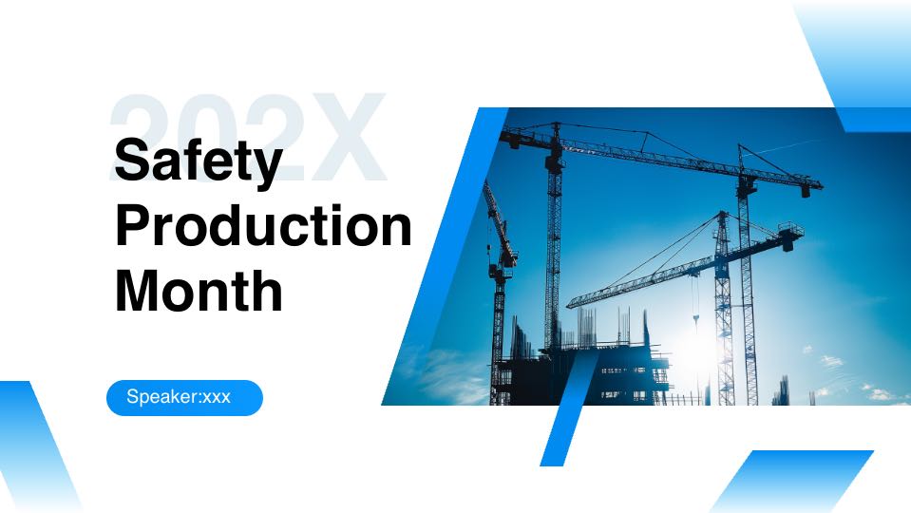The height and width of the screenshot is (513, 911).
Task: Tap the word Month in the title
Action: coord(199,290)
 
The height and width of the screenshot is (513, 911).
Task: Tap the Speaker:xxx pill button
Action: coord(184,397)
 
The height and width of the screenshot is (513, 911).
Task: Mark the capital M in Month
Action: coord(141,290)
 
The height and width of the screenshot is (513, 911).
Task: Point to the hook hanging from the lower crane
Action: coord(695,319)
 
